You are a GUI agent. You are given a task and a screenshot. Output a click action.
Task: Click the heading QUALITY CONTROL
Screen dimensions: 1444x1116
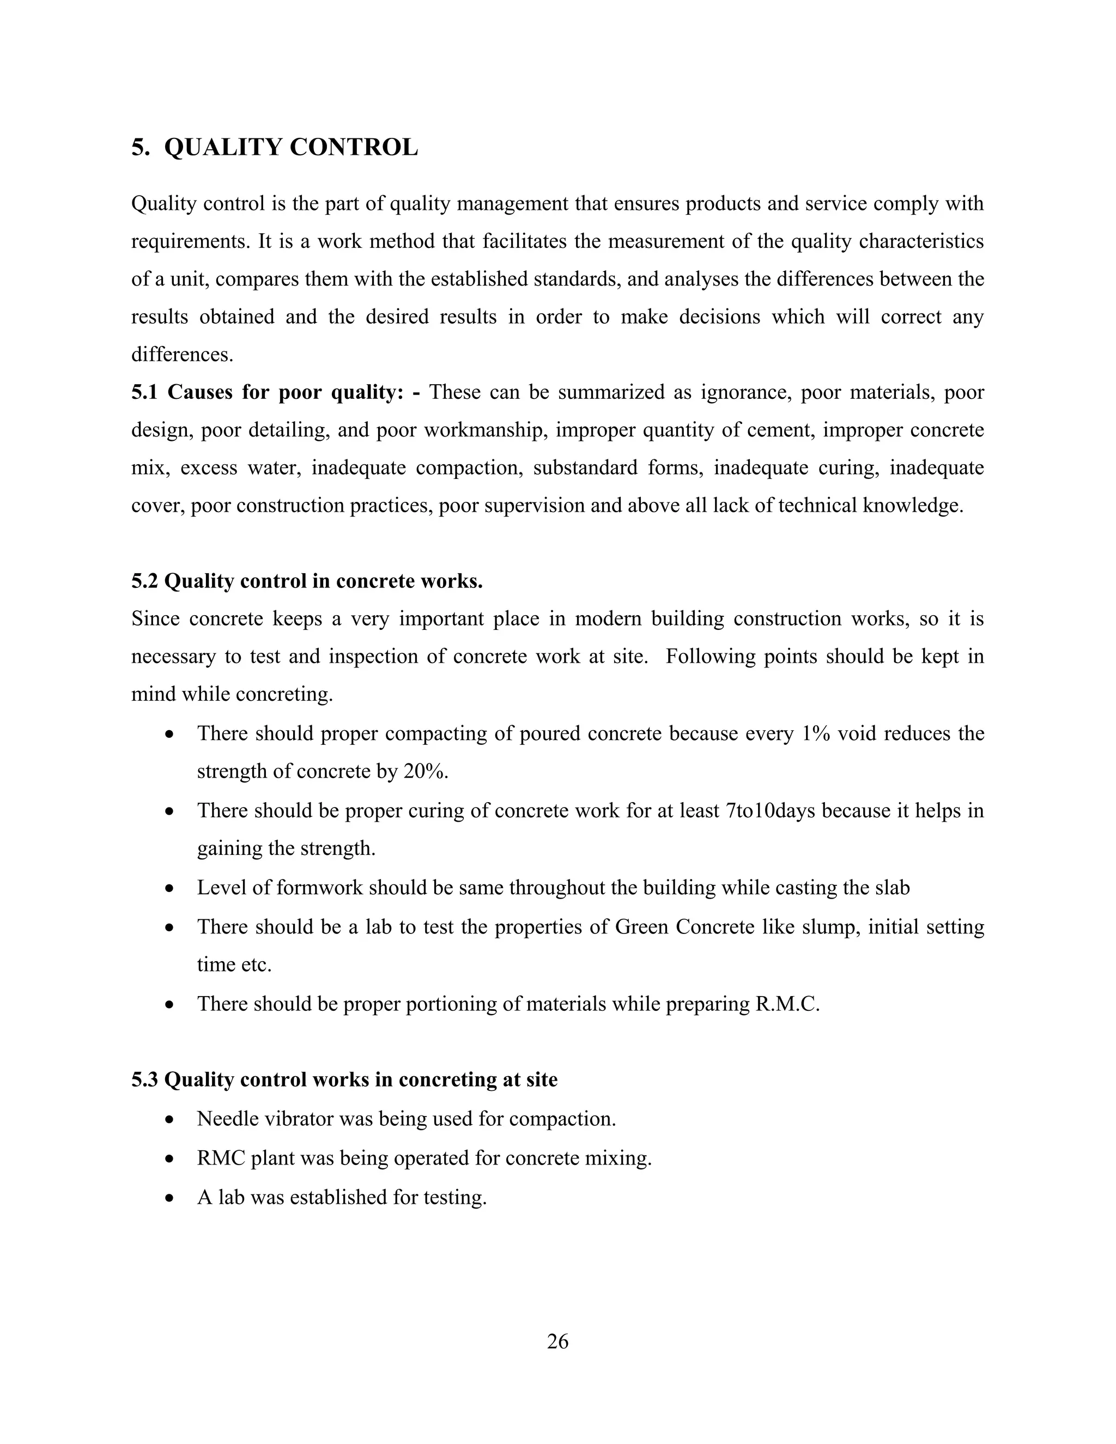click(291, 148)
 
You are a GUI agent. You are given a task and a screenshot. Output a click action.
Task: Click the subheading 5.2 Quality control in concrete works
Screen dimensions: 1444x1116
click(307, 581)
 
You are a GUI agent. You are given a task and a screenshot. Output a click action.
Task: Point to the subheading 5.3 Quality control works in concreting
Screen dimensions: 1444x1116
click(344, 1079)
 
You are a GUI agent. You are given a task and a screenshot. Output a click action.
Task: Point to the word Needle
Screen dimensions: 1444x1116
click(227, 1119)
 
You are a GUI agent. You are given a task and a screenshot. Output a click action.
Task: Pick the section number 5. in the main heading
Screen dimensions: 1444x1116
click(140, 148)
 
